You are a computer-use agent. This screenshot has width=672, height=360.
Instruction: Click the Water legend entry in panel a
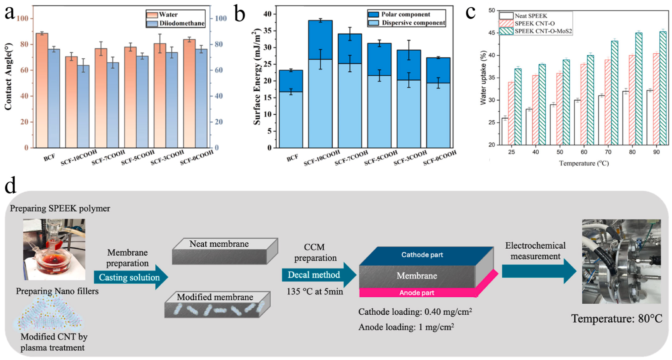click(168, 15)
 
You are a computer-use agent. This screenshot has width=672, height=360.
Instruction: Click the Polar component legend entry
click(405, 14)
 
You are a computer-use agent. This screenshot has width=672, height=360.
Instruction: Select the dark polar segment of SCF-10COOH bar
click(320, 40)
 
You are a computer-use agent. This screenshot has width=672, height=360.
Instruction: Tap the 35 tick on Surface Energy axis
click(267, 31)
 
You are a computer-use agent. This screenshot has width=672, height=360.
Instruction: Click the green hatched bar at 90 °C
click(663, 88)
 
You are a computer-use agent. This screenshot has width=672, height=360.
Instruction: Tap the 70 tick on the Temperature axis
click(608, 152)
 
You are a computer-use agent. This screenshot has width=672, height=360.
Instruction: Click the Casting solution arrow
click(130, 277)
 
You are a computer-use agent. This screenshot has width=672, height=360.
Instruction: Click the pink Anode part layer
click(417, 292)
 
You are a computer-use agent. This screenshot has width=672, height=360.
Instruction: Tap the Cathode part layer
click(422, 255)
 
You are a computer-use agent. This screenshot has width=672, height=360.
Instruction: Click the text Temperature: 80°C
click(617, 319)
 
